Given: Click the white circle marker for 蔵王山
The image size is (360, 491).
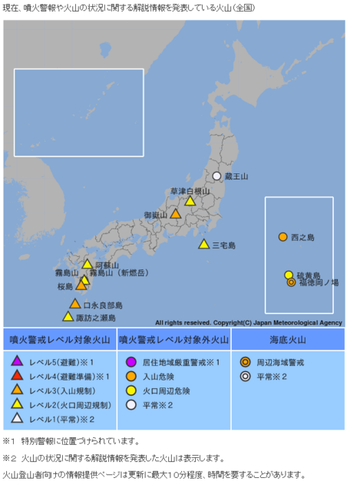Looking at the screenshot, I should coord(216,176).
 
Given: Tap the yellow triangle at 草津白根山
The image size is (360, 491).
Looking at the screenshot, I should coord(190,201).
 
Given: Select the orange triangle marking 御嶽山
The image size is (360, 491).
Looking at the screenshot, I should coord(176,215).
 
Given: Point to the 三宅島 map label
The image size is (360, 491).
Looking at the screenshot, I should coord(224,245).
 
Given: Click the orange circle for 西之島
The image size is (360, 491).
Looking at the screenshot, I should coord(283,237).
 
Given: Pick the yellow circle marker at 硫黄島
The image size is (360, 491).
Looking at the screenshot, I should coord(289,275).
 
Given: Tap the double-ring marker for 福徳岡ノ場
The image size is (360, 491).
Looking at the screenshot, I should coord(291,282).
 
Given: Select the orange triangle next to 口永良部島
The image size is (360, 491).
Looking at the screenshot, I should coord(75,304).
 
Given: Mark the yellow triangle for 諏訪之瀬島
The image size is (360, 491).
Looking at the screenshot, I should coord(68,316).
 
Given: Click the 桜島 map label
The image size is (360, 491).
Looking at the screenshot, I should coord(64,286).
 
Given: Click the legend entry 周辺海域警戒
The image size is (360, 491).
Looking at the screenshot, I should coord(283,361).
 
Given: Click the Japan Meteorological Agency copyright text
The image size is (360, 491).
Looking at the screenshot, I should coord(248,323).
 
